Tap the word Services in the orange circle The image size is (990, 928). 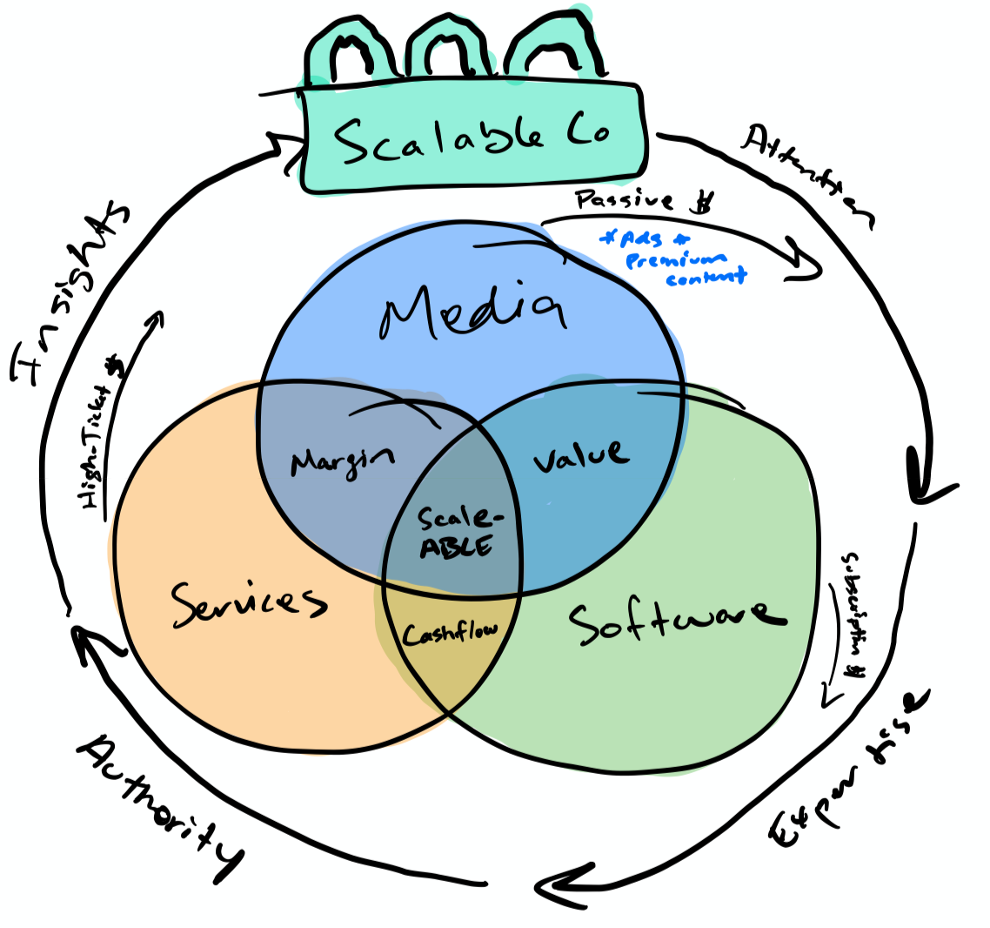pos(248,602)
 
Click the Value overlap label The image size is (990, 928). pos(579,454)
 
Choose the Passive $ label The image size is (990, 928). pos(645,201)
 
